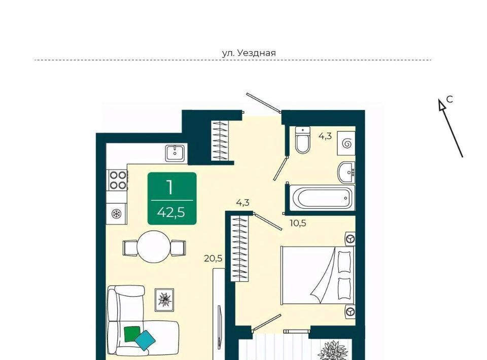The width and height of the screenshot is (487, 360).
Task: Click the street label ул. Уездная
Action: coord(249,53)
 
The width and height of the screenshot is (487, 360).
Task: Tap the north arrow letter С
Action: coord(449,99)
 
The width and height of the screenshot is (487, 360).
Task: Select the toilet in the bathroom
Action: coord(303,140)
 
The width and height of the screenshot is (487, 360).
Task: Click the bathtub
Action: coord(322,197)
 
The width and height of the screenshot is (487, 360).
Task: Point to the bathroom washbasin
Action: coord(346,172)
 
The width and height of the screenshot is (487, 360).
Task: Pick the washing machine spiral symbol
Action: coord(346,143)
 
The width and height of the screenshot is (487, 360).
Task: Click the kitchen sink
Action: coord(176,153)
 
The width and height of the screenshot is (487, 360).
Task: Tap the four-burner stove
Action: coord(117,181)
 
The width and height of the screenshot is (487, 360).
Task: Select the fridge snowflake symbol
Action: coord(117,213)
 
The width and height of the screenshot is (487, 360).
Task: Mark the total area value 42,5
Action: coord(171,212)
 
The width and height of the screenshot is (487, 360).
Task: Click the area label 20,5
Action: coord(214,258)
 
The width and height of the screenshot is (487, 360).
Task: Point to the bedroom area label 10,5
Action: coord(298,223)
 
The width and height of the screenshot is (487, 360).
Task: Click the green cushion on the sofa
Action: coord(132,334)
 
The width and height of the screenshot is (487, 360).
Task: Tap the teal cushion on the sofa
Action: coord(145,340)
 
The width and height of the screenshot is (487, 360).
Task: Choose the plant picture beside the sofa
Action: coord(164,300)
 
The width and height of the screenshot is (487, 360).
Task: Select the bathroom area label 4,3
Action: coord(325,136)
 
